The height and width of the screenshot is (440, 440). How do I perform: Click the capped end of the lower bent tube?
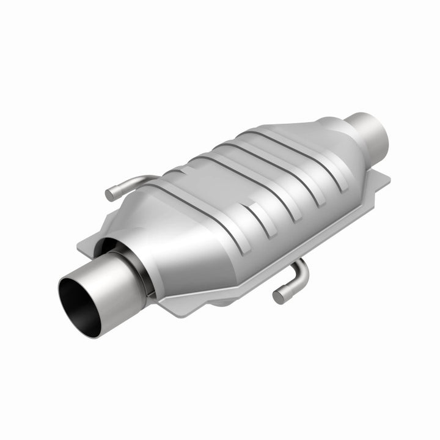coord(279,297)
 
